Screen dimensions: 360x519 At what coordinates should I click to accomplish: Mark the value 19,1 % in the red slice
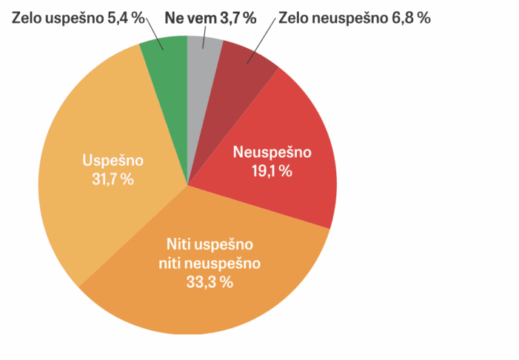[x=272, y=170]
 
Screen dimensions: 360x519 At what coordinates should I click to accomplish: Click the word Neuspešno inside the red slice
[x=272, y=153]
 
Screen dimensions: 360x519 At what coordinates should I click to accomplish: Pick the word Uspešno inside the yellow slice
[x=113, y=161]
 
